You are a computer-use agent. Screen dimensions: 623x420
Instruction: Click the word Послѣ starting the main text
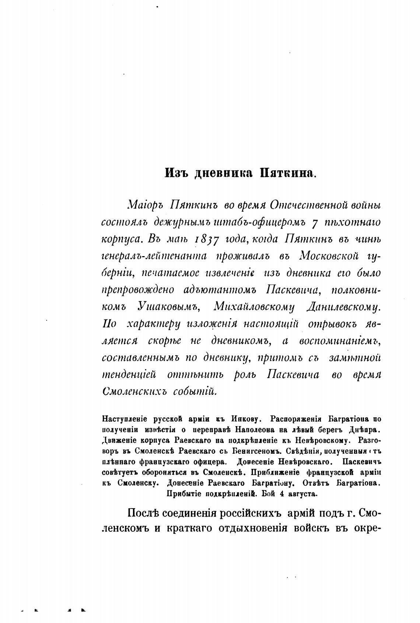(x=145, y=513)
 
